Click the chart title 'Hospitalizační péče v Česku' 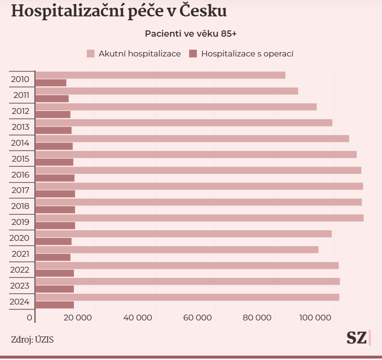click(118, 11)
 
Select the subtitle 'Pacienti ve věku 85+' click(190, 34)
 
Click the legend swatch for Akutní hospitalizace click(90, 54)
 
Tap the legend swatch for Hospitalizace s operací click(193, 54)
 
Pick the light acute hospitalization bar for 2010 click(160, 75)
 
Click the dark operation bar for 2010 click(51, 83)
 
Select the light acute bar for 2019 click(199, 218)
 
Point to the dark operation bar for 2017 click(56, 194)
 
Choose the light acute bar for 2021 click(177, 249)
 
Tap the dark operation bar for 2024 click(55, 305)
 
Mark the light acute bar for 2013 click(184, 123)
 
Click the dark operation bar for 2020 click(54, 241)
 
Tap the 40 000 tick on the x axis click(138, 318)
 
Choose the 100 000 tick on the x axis click(317, 318)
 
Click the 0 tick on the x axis click(30, 318)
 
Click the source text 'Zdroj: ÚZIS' click(32, 339)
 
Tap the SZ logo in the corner click(356, 338)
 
